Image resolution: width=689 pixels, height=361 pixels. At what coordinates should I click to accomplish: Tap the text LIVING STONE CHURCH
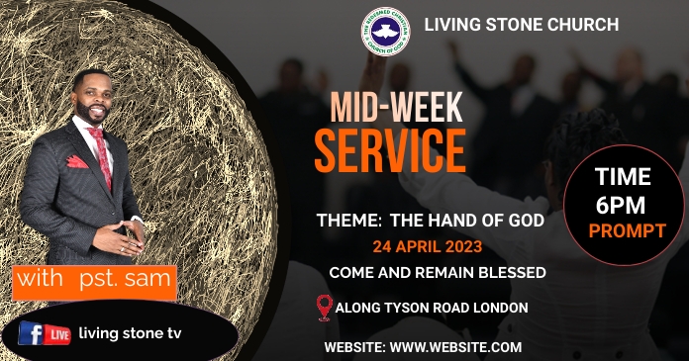[x=521, y=24]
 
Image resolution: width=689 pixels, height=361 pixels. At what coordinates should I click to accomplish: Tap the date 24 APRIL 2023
[x=429, y=247]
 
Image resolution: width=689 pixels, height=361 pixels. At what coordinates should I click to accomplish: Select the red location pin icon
[x=323, y=308]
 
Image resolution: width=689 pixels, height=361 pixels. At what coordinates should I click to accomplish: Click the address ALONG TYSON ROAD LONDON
[x=432, y=308]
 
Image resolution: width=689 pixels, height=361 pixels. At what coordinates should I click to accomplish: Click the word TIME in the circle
[x=623, y=177]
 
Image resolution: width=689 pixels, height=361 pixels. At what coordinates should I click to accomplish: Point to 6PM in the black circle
[x=622, y=205]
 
